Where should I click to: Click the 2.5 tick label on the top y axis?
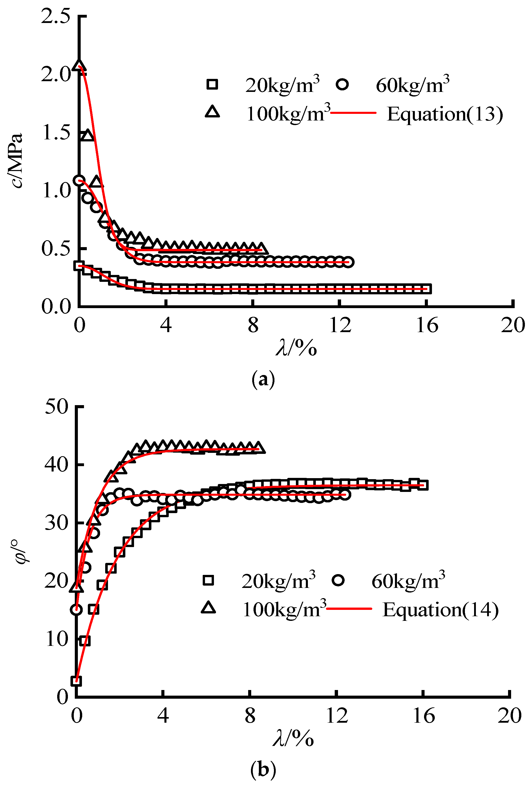(55, 16)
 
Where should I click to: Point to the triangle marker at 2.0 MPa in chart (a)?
(79, 65)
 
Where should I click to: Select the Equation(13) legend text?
(444, 114)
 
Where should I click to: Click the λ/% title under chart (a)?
(296, 347)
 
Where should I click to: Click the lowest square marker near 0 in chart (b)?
(76, 681)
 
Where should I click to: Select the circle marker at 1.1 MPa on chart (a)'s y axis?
(79, 180)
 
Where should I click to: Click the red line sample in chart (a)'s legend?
(353, 113)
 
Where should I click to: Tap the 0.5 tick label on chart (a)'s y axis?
(55, 249)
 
